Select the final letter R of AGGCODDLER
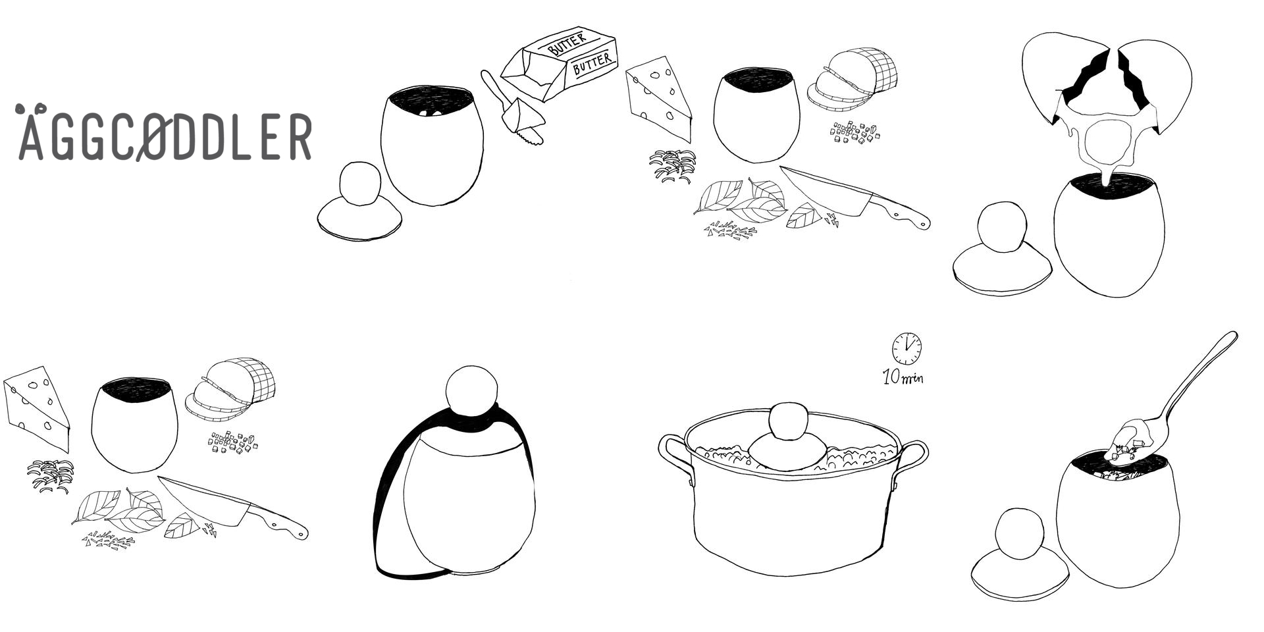tap(300, 136)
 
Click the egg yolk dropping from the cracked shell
tap(1108, 142)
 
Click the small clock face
tap(907, 348)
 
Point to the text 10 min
tap(903, 377)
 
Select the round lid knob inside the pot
tap(788, 421)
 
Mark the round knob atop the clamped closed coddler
tap(471, 390)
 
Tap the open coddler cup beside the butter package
tap(432, 144)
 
